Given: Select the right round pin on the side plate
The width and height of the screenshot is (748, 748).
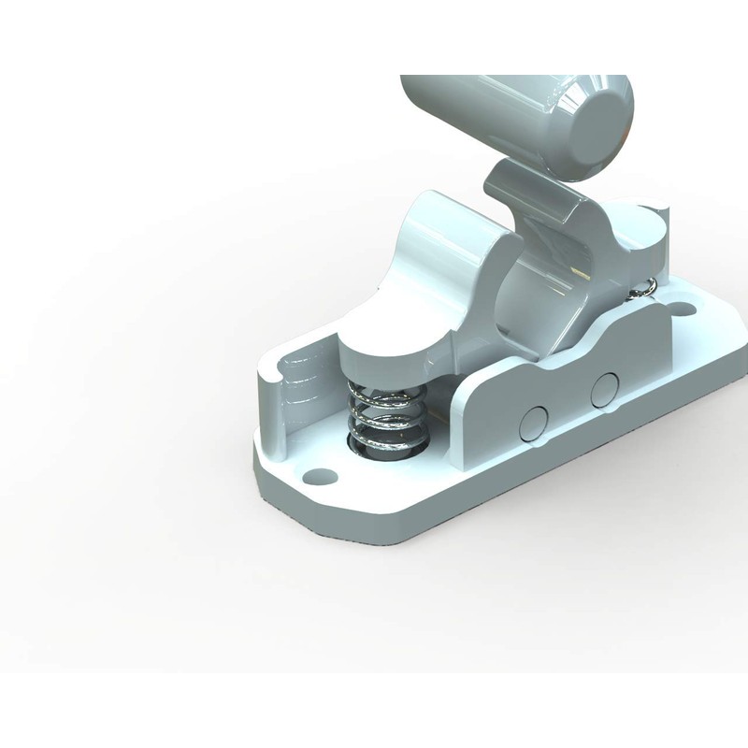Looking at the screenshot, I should tap(604, 388).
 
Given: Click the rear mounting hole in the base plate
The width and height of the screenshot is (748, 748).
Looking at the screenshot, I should tap(683, 306).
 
